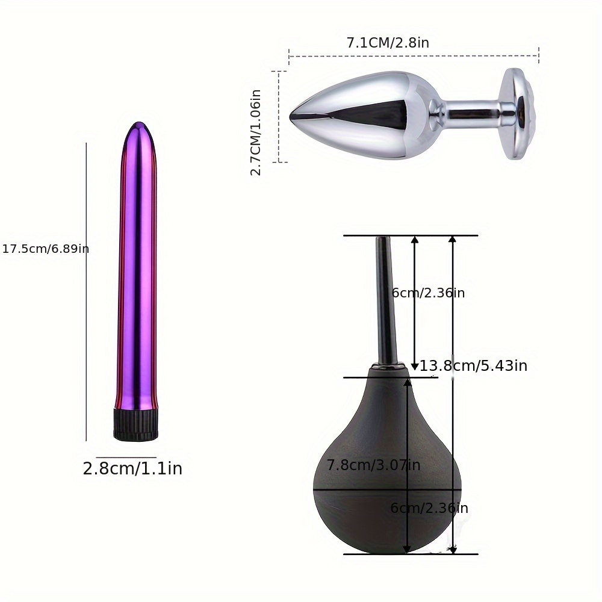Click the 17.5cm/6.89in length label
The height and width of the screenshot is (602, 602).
click(45, 249)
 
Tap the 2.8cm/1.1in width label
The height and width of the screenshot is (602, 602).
click(132, 469)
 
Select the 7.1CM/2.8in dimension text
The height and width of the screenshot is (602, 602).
click(388, 43)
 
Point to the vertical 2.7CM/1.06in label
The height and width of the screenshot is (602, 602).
click(256, 132)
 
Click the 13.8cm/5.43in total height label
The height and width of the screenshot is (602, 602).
click(474, 366)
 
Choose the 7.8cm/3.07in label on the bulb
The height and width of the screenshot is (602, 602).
click(373, 465)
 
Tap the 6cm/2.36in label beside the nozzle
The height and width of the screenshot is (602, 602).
click(429, 293)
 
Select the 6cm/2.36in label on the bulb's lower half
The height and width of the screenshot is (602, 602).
click(429, 508)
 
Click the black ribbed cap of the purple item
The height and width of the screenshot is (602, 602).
click(135, 424)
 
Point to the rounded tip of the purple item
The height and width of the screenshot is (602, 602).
click(139, 128)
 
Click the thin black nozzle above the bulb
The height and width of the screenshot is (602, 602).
click(386, 301)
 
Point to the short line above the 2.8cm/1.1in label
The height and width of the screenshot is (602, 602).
click(126, 458)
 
